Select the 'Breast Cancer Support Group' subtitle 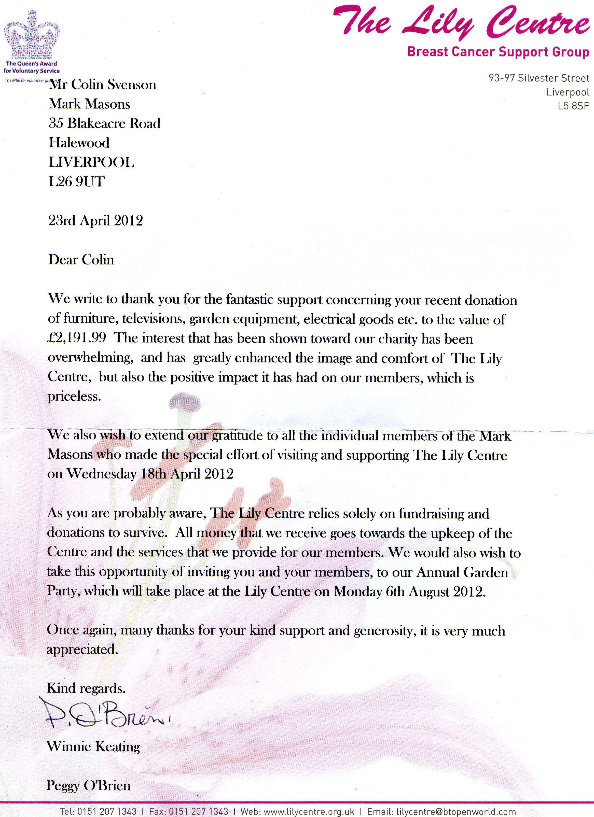tap(498, 52)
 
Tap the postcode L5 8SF tap(573, 106)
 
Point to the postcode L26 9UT tap(77, 181)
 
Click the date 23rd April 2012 tap(95, 220)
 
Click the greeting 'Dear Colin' tap(81, 260)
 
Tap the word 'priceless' tap(74, 397)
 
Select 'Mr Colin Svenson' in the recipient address tap(103, 85)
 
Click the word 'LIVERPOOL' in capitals tap(92, 162)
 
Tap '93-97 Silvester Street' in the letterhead tap(539, 78)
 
